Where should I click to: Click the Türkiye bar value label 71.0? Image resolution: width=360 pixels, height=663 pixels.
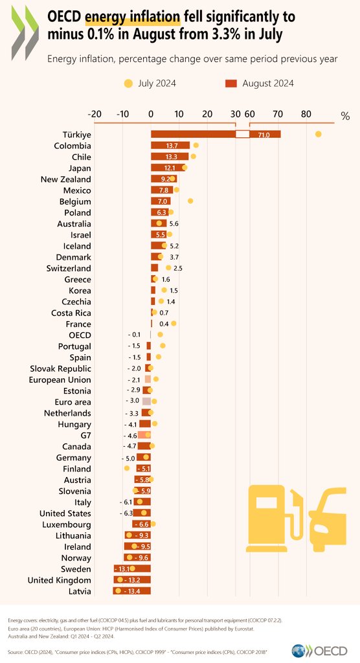(264, 135)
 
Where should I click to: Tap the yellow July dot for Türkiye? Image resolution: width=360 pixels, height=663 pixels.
(318, 134)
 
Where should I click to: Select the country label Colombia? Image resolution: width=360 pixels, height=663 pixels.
(72, 146)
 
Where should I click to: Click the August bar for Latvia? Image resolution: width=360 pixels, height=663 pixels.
(132, 591)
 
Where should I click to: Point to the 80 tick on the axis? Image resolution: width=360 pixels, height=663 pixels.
(306, 115)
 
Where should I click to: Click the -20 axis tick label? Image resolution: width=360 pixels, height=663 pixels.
(95, 115)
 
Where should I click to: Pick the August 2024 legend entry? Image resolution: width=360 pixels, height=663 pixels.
(259, 83)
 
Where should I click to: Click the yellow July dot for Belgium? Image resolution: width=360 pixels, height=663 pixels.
(190, 201)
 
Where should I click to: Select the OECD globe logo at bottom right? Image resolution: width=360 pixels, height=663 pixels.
(300, 649)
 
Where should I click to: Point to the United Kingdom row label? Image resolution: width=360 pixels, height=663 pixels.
(59, 580)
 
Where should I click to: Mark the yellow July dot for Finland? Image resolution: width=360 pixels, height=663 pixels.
(127, 468)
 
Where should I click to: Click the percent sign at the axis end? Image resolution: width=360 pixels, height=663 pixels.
(345, 117)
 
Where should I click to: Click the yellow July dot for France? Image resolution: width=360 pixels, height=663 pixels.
(174, 323)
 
